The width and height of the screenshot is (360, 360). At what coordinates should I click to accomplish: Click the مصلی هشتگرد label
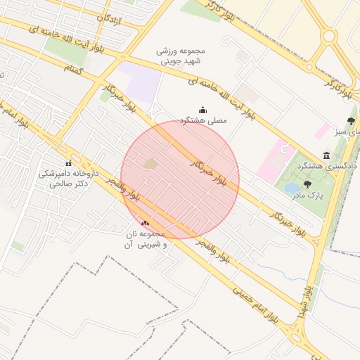(x=204, y=121)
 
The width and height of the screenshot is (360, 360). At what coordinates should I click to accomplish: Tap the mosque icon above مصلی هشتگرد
(x=203, y=110)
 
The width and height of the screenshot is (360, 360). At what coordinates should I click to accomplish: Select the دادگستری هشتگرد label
(x=325, y=166)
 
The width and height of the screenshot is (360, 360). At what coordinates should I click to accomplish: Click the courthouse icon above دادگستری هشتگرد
(x=326, y=155)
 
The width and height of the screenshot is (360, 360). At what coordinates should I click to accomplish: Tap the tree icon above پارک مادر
(x=307, y=184)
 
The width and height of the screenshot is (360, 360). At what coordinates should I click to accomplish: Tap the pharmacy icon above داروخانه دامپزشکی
(x=68, y=164)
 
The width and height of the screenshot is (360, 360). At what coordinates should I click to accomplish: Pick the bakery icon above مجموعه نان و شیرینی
(x=145, y=223)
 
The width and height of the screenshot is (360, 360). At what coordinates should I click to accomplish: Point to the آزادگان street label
(x=108, y=20)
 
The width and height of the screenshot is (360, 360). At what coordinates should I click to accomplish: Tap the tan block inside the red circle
(x=150, y=164)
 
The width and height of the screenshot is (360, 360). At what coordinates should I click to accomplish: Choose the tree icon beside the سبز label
(x=351, y=121)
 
